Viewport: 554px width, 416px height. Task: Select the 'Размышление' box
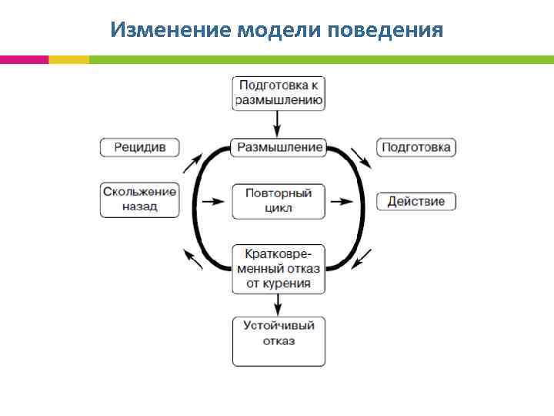(x=279, y=146)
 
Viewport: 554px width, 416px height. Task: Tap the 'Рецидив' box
(x=139, y=146)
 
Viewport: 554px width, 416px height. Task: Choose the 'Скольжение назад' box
(x=139, y=200)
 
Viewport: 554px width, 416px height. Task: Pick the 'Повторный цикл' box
(x=279, y=200)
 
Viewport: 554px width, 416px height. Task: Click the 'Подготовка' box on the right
(x=416, y=146)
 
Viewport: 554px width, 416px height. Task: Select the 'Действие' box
(x=416, y=201)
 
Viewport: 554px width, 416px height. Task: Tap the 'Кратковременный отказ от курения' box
(x=279, y=268)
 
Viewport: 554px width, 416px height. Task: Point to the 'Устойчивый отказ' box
(x=279, y=341)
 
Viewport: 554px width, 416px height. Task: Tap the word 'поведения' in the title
(x=385, y=30)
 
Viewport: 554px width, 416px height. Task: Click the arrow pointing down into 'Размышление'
(x=279, y=123)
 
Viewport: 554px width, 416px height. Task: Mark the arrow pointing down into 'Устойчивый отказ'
(x=279, y=304)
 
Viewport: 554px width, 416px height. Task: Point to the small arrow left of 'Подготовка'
(x=361, y=156)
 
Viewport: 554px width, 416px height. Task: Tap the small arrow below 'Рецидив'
(x=192, y=163)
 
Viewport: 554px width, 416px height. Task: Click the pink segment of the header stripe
(x=24, y=59)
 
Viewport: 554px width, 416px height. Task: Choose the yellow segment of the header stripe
(x=68, y=59)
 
